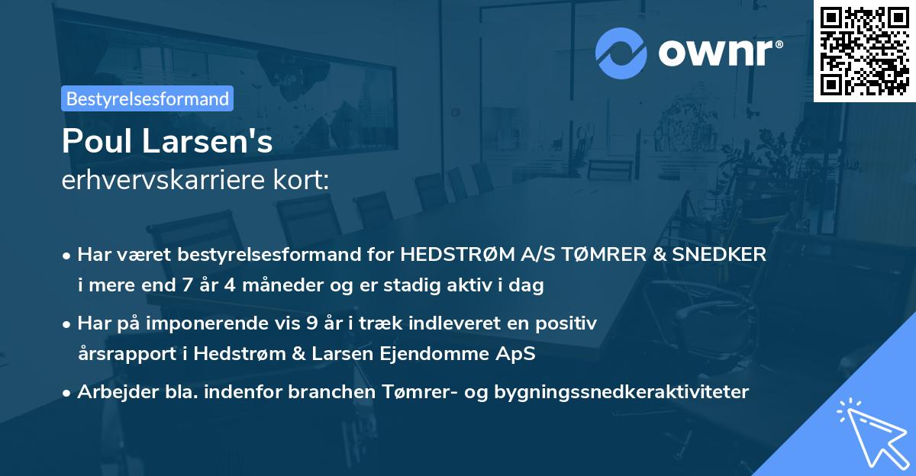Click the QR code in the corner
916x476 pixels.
[864, 50]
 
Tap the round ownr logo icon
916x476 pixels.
[622, 53]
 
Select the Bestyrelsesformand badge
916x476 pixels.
[147, 98]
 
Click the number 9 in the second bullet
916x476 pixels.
[311, 323]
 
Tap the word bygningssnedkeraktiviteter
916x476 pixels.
[621, 392]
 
